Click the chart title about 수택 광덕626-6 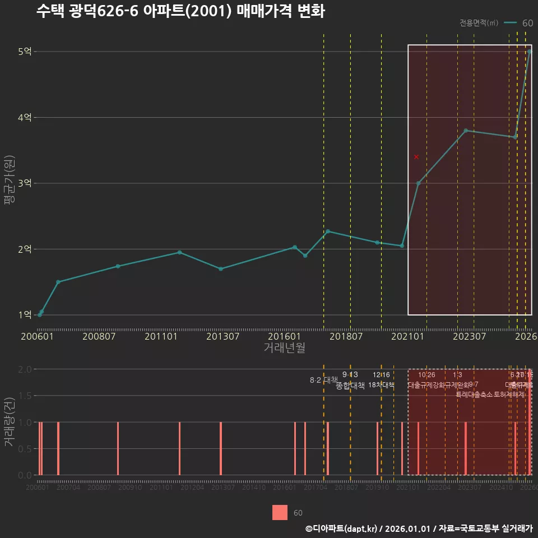(x=180, y=12)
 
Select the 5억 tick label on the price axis (x=25, y=52)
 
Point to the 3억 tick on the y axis (x=25, y=183)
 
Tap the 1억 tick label (x=25, y=315)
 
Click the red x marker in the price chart (x=416, y=157)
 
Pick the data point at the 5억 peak (x=530, y=52)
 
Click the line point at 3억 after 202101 (x=418, y=183)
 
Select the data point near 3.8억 (x=466, y=131)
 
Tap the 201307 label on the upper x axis (x=222, y=336)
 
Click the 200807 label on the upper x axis (x=99, y=336)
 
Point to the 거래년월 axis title (x=284, y=347)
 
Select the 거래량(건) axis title (x=9, y=421)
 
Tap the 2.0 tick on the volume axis (x=25, y=369)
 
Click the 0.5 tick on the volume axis (x=25, y=449)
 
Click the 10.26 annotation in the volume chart (x=426, y=375)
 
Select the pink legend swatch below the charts (x=280, y=513)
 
